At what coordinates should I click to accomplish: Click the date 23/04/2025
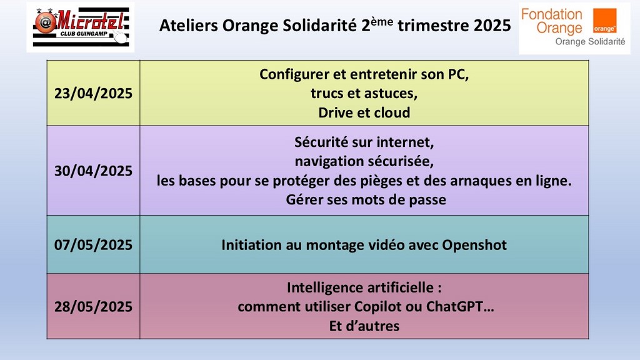(94, 94)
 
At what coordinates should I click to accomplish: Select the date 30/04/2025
(94, 171)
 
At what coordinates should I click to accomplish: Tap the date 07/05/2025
(94, 245)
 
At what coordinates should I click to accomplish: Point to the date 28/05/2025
(94, 306)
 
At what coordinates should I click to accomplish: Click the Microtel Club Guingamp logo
(81, 27)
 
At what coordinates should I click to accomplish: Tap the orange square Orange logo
(604, 21)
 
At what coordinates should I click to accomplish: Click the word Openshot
(474, 245)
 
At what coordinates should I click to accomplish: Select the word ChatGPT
(454, 306)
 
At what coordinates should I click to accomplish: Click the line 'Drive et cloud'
(364, 112)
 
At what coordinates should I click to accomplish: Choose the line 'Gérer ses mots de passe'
(366, 199)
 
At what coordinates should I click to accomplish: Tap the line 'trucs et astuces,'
(364, 94)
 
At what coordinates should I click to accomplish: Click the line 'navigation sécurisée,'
(364, 161)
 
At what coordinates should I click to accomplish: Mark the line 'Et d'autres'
(364, 326)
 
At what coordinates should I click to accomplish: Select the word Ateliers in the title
(189, 26)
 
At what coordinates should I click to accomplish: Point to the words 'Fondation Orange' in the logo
(552, 21)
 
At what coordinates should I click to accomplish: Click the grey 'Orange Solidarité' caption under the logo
(590, 42)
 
